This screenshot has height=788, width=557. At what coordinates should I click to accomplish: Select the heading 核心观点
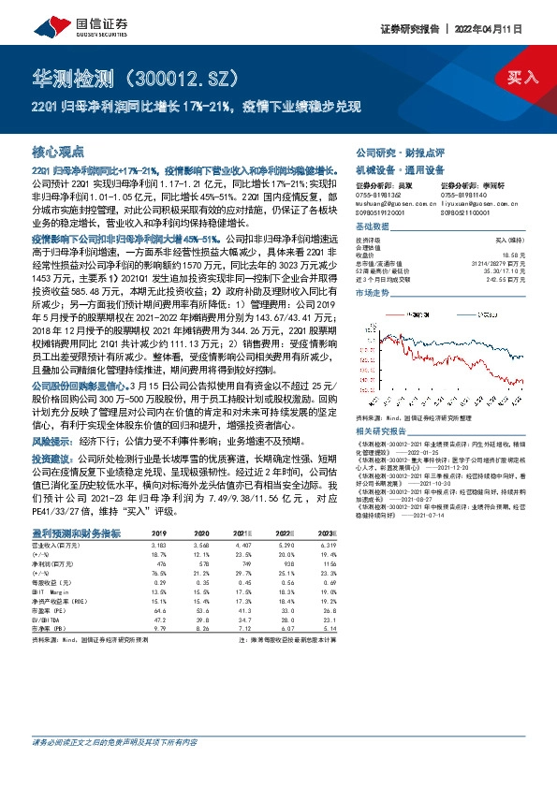(58, 151)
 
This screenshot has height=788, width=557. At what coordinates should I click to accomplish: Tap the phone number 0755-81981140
(465, 194)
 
